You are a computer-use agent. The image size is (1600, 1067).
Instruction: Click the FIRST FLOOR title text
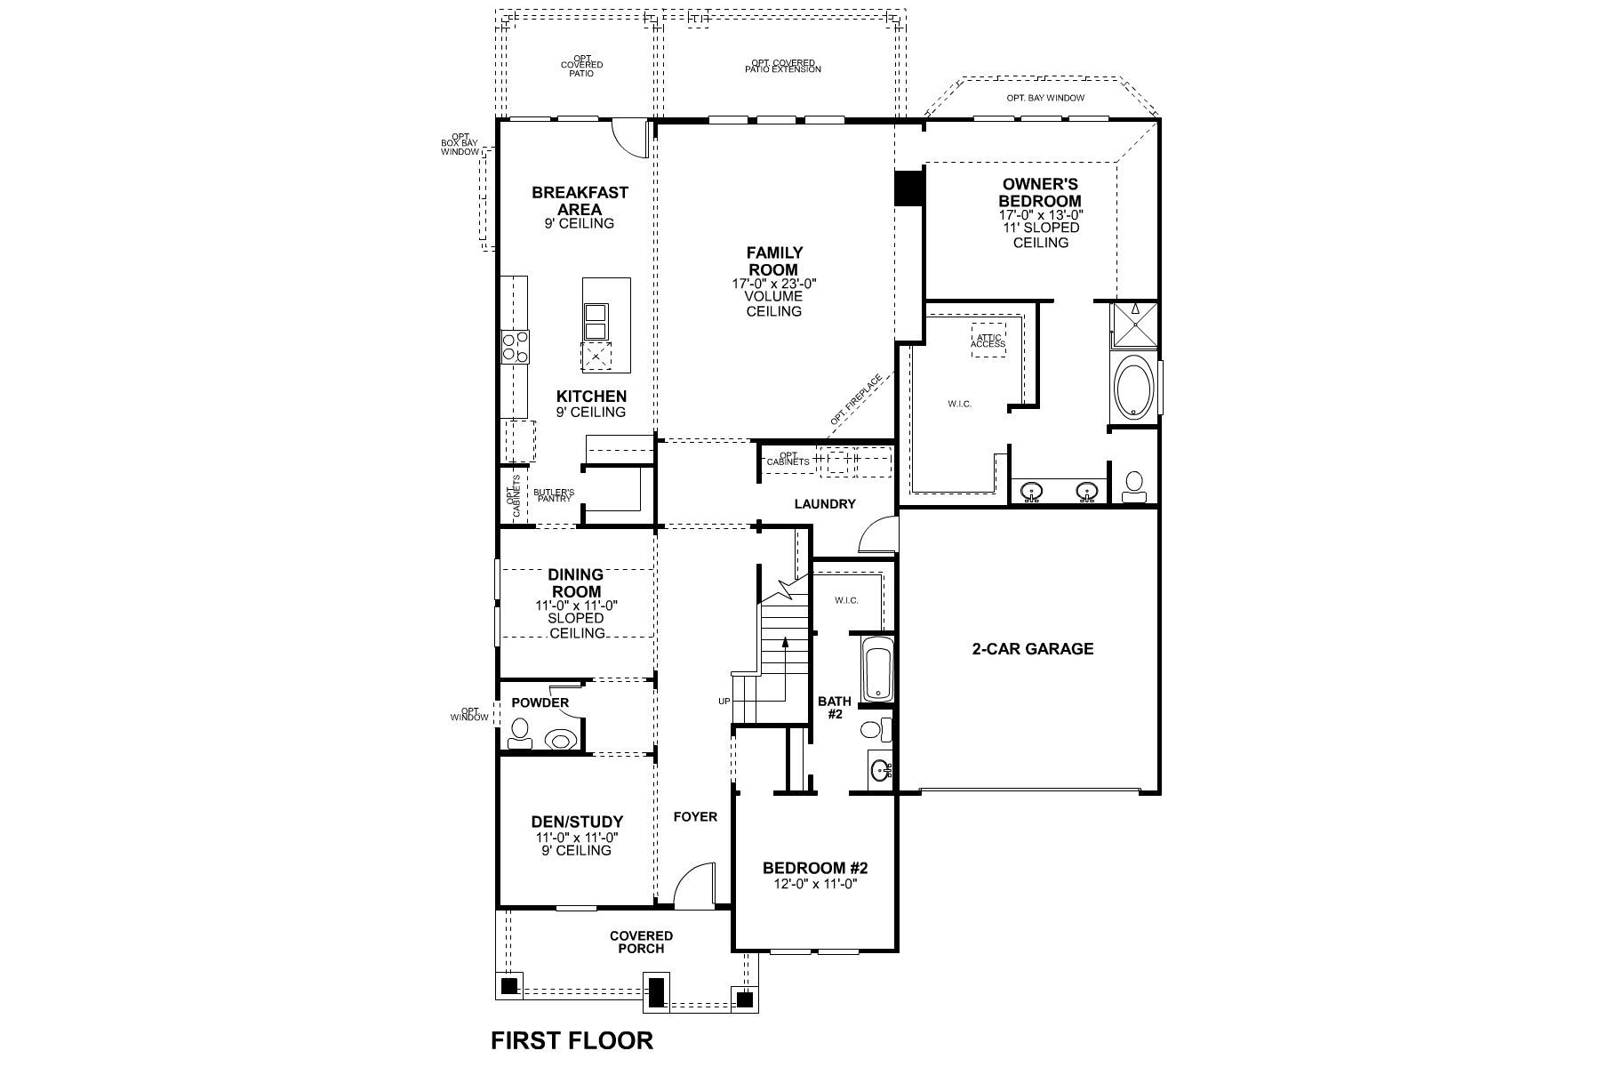pyautogui.click(x=572, y=1039)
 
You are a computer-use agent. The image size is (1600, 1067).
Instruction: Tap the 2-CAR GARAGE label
pyautogui.click(x=1032, y=648)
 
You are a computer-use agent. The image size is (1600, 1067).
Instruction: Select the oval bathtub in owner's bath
pyautogui.click(x=1134, y=387)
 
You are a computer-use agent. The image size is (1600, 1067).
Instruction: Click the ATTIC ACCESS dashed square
pyautogui.click(x=988, y=341)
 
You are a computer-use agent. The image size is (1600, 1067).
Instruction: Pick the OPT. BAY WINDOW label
pyautogui.click(x=1045, y=98)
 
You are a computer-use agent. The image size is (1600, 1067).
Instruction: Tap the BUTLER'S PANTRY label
pyautogui.click(x=554, y=495)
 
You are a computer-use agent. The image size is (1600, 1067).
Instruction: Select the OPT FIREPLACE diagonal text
pyautogui.click(x=857, y=400)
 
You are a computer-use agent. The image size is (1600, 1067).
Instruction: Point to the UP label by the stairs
pyautogui.click(x=724, y=702)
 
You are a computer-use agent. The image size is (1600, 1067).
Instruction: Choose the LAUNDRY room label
pyautogui.click(x=824, y=504)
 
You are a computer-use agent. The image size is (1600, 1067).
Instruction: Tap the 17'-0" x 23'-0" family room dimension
pyautogui.click(x=773, y=284)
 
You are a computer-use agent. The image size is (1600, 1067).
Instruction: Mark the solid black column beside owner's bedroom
pyautogui.click(x=908, y=189)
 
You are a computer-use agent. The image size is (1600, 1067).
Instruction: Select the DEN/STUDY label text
pyautogui.click(x=577, y=822)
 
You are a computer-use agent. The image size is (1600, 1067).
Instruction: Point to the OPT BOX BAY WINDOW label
pyautogui.click(x=460, y=144)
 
